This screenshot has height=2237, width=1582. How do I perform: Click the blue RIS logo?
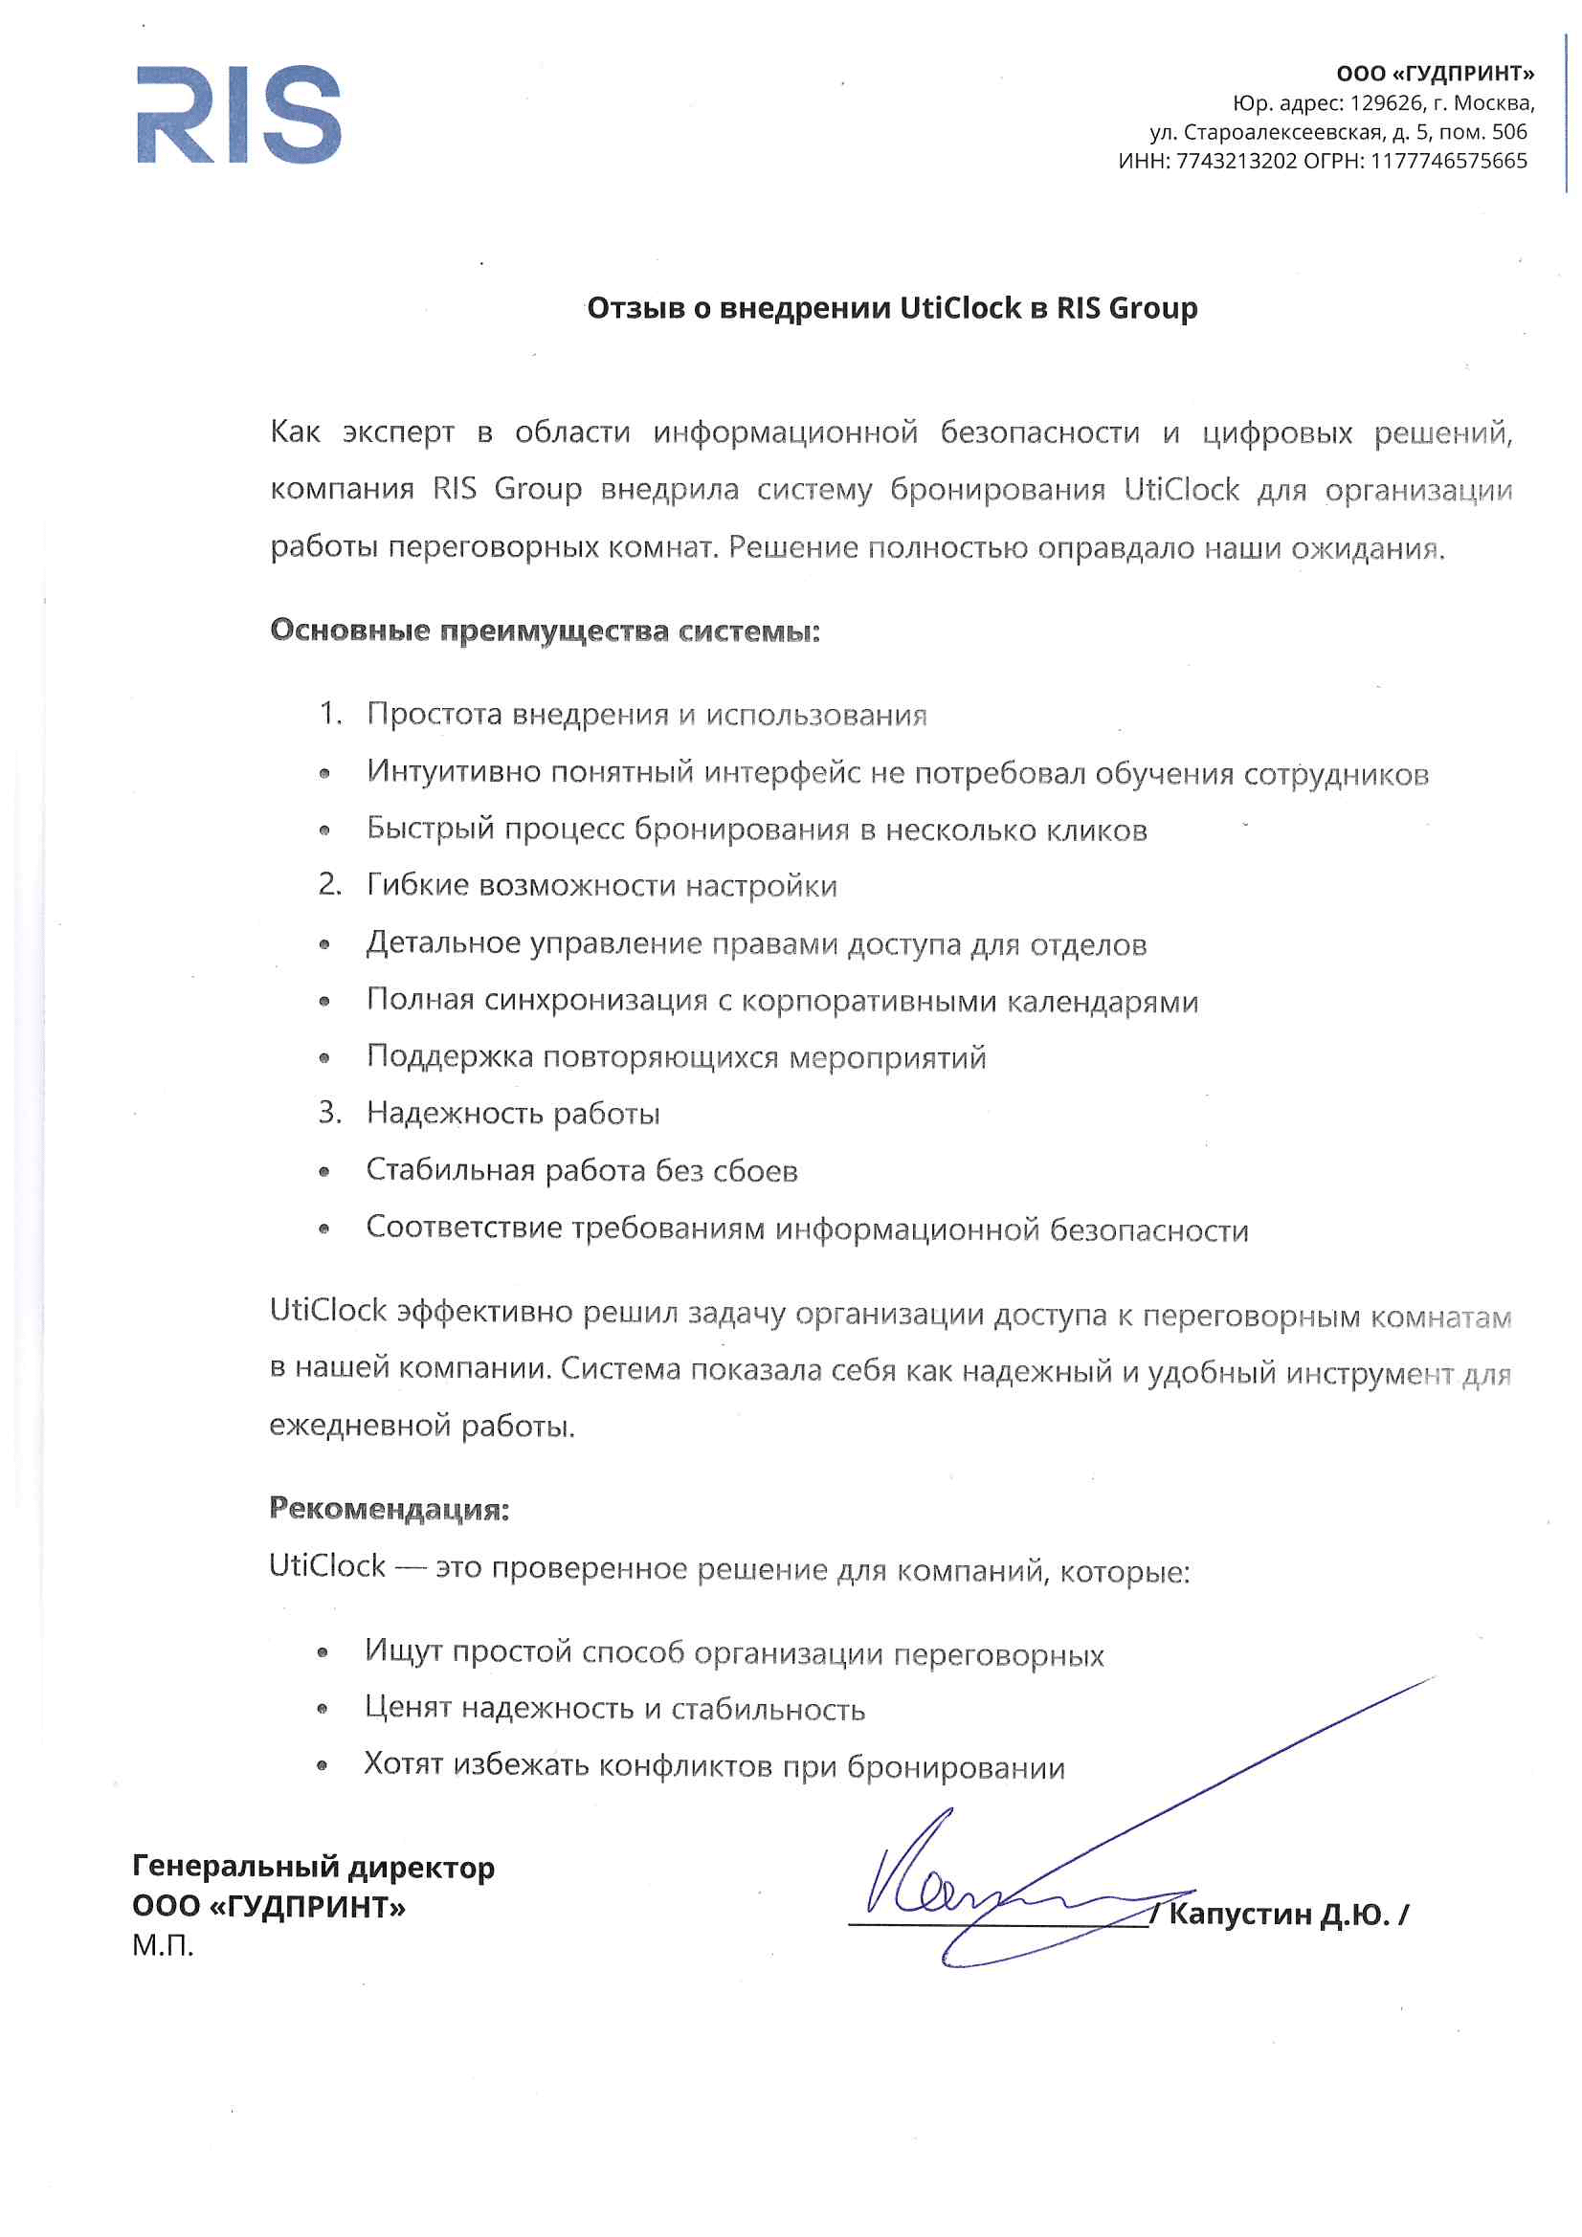[239, 114]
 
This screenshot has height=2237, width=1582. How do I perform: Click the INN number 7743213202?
[1236, 161]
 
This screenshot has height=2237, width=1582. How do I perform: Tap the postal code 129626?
[1386, 103]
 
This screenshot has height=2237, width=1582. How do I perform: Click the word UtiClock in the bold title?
[960, 308]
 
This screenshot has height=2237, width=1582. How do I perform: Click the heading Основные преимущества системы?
[545, 631]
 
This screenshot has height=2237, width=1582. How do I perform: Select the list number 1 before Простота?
[329, 713]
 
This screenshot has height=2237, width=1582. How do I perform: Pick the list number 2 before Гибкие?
[329, 884]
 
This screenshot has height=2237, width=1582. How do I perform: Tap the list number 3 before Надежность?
[329, 1112]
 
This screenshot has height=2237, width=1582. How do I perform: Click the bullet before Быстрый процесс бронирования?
[324, 831]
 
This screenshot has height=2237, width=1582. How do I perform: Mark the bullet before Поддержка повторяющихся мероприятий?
[324, 1058]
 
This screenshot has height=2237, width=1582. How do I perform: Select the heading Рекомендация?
[389, 1508]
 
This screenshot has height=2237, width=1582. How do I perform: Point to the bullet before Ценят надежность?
[323, 1709]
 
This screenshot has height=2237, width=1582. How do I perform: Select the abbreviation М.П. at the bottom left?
[163, 1946]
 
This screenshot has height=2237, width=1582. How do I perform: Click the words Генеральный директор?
[313, 1867]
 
